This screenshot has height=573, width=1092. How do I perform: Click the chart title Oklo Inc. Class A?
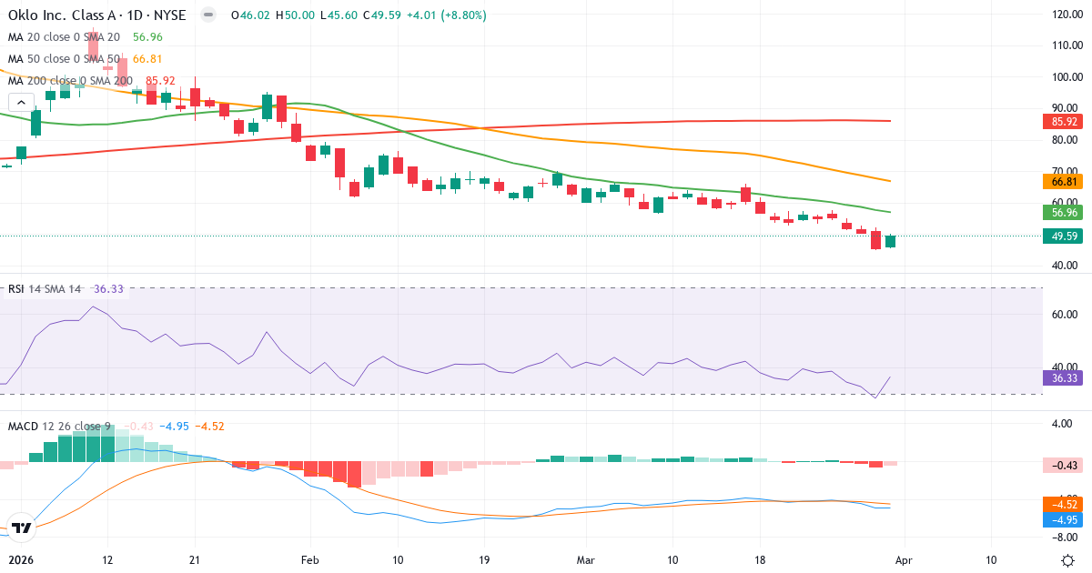pyautogui.click(x=64, y=15)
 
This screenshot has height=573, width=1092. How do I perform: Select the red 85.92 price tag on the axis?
pyautogui.click(x=1059, y=120)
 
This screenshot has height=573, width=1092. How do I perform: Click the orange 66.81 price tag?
pyautogui.click(x=1059, y=181)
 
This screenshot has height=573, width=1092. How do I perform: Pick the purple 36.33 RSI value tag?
pyautogui.click(x=1059, y=377)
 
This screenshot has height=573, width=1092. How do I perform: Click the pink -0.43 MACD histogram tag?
pyautogui.click(x=1059, y=465)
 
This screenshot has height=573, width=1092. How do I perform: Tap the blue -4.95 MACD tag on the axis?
pyautogui.click(x=1059, y=519)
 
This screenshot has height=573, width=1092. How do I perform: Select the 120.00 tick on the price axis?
pyautogui.click(x=1065, y=15)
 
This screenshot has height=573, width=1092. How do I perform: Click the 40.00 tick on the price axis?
pyautogui.click(x=1065, y=266)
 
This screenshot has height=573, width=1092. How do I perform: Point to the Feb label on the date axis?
pyautogui.click(x=311, y=559)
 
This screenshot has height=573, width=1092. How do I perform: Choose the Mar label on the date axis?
pyautogui.click(x=585, y=559)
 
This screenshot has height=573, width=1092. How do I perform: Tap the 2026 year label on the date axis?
pyautogui.click(x=20, y=559)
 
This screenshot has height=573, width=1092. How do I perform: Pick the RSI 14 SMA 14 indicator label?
pyautogui.click(x=44, y=288)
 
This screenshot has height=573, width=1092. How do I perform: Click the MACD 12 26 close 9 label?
pyautogui.click(x=59, y=426)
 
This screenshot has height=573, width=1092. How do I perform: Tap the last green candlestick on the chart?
pyautogui.click(x=890, y=241)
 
